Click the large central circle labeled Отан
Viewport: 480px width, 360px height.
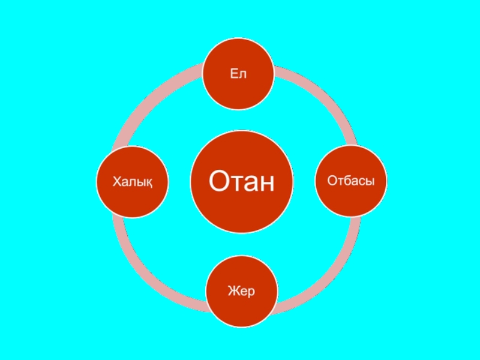(x=241, y=181)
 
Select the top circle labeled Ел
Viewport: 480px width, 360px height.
(x=239, y=74)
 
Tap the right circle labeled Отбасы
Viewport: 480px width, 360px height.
(x=352, y=181)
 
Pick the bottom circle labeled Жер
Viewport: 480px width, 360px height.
(x=242, y=292)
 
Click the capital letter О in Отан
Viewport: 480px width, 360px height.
(x=218, y=181)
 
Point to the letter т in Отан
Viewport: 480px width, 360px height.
(x=235, y=182)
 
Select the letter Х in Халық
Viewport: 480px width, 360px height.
(x=118, y=181)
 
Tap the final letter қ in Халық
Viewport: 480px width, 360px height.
(x=148, y=182)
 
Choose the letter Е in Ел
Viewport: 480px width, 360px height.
(x=235, y=73)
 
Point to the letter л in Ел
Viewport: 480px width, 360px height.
(x=244, y=74)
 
